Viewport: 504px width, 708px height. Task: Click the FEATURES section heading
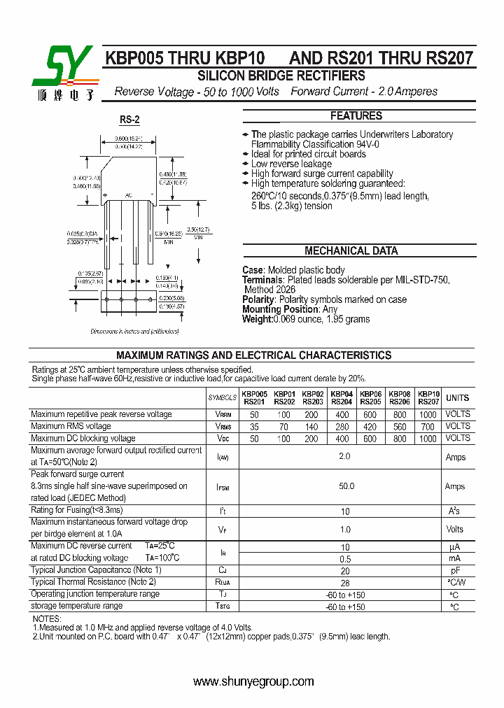(x=356, y=116)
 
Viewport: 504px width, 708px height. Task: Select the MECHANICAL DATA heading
(x=351, y=251)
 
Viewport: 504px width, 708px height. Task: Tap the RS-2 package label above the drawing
(x=129, y=120)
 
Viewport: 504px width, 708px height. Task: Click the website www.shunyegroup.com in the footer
(x=253, y=681)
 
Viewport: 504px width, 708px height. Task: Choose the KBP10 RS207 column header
(x=428, y=398)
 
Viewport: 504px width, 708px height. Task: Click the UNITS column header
(x=458, y=398)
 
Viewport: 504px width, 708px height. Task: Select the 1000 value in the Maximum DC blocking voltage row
(x=428, y=438)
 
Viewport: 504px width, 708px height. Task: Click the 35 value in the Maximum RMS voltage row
(x=254, y=426)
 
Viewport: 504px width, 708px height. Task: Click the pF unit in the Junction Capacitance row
(x=454, y=571)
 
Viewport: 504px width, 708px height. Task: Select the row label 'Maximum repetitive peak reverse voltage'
(x=101, y=414)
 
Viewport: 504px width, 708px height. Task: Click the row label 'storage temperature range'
(x=76, y=606)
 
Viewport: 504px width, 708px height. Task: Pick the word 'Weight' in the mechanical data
(x=257, y=319)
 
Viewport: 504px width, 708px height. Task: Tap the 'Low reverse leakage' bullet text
(x=292, y=164)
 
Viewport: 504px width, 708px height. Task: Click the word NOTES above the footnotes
(x=47, y=619)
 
